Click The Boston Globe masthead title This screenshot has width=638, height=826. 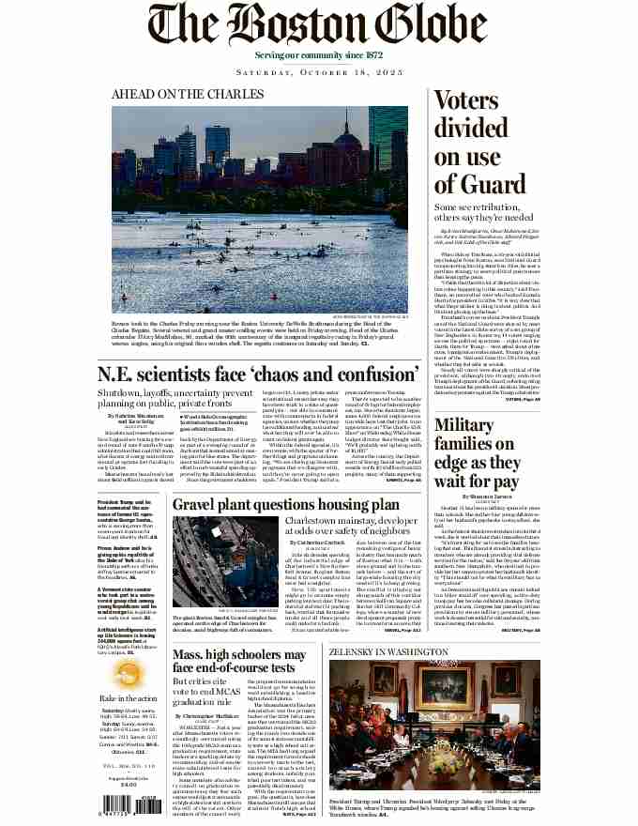coord(319,24)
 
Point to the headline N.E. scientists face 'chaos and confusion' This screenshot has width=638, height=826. coord(259,374)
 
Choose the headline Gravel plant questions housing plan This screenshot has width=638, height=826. coord(286,504)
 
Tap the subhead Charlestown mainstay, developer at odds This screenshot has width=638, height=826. coord(356,526)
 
